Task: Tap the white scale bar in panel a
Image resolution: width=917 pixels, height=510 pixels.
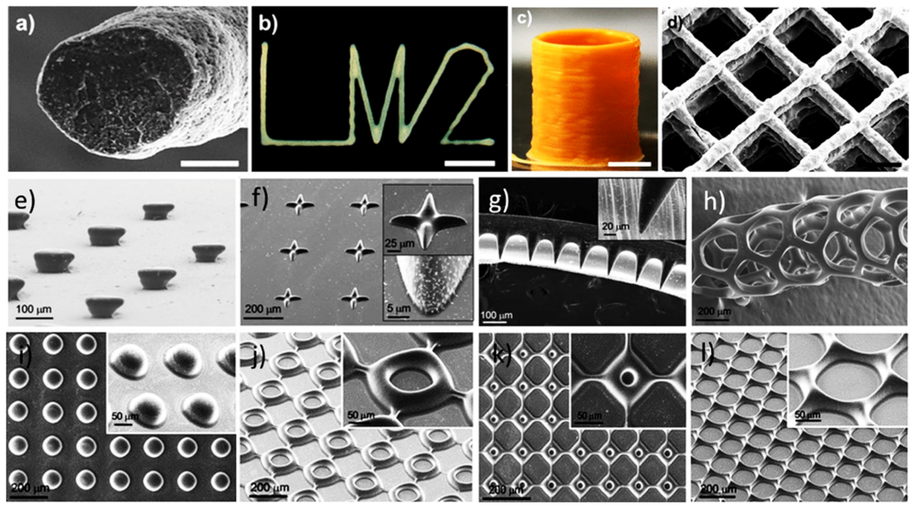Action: (209, 164)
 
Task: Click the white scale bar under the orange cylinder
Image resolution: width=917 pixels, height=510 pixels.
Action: (629, 164)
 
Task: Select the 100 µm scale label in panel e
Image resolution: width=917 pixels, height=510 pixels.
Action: (34, 310)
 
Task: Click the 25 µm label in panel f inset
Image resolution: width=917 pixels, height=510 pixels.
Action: (399, 244)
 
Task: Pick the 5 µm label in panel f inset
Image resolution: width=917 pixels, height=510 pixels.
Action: (398, 309)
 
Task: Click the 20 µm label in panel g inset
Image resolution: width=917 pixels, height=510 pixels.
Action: (615, 227)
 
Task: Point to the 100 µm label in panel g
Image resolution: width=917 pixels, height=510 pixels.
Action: (496, 315)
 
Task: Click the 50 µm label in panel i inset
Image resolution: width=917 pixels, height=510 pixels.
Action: (125, 416)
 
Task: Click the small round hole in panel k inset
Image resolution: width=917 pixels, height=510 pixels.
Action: (628, 377)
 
